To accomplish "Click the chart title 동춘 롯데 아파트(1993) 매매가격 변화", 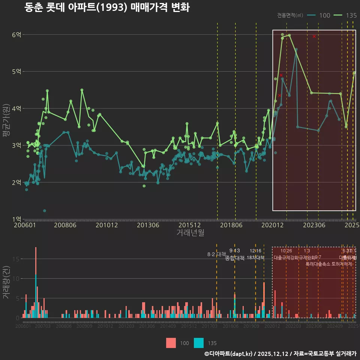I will pyautogui.click(x=107, y=7).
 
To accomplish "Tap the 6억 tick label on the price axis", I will pyautogui.click(x=16, y=35).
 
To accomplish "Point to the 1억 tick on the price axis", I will pyautogui.click(x=16, y=219).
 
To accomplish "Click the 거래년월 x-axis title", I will pyautogui.click(x=190, y=232).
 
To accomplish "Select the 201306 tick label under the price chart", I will pyautogui.click(x=148, y=225).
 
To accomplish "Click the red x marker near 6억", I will pyautogui.click(x=314, y=36).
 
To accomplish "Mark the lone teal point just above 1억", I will pyautogui.click(x=45, y=211).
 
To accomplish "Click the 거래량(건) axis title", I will pyautogui.click(x=6, y=282).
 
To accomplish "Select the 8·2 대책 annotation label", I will pyautogui.click(x=214, y=254).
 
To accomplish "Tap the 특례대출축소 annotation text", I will pyautogui.click(x=318, y=264).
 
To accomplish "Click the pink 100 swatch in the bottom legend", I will pyautogui.click(x=171, y=343).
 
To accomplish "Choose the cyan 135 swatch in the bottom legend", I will pyautogui.click(x=199, y=343).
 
